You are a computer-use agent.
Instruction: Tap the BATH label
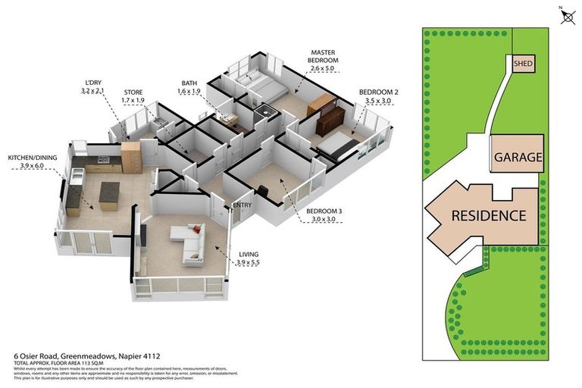point(189,83)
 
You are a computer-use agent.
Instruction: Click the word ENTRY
point(242,204)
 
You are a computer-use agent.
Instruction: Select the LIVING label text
point(249,256)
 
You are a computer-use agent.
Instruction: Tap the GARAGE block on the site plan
point(518,158)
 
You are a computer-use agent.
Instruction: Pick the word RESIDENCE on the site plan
point(488,215)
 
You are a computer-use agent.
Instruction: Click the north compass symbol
point(566,16)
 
